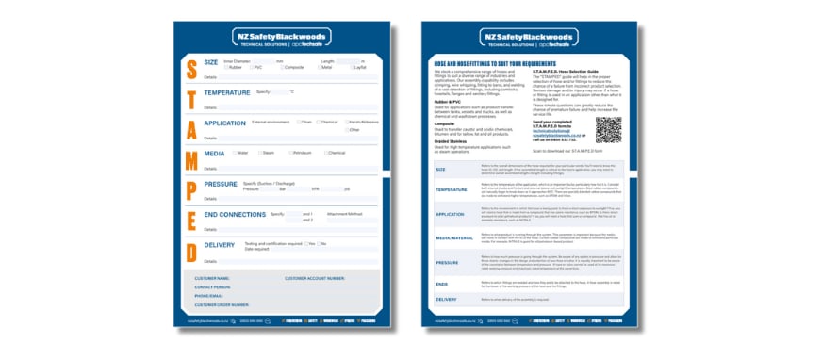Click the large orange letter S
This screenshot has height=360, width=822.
point(189,68)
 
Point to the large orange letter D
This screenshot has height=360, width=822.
point(189,245)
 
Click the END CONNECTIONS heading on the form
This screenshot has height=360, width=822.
point(235,215)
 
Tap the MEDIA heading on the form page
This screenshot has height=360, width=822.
point(214,153)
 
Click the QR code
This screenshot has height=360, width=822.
point(609,127)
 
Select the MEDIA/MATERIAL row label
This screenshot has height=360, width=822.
point(454,238)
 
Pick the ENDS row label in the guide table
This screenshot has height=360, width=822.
point(441,283)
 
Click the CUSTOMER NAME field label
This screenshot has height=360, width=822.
point(212,278)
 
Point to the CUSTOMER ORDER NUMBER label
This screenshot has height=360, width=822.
point(222,305)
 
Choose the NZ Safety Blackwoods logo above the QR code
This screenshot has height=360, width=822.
point(530,38)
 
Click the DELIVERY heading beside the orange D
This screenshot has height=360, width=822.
point(220,245)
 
